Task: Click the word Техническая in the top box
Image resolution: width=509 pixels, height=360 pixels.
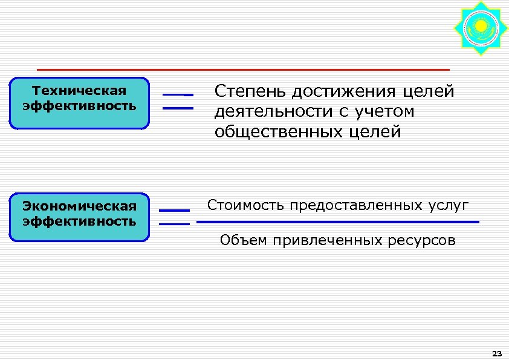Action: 80,91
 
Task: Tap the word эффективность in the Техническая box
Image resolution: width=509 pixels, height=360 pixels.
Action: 80,106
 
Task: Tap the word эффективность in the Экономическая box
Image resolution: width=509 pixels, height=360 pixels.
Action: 80,221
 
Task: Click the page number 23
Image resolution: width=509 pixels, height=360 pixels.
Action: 498,353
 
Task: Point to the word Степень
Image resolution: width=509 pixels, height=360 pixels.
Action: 250,92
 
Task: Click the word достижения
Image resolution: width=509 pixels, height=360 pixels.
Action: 343,92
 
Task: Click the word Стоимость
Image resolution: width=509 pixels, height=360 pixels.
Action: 246,205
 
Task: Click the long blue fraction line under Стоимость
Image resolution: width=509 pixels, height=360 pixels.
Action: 338,222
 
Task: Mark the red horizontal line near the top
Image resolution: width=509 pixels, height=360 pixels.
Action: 243,70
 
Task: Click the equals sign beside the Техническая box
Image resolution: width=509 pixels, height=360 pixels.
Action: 178,102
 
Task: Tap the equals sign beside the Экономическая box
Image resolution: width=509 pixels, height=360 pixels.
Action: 174,217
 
